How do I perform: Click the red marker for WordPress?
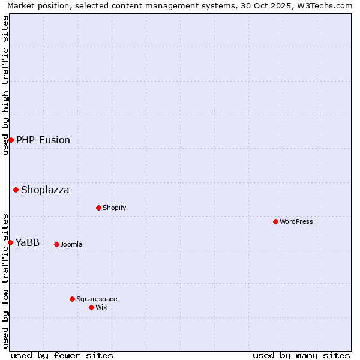click(x=275, y=221)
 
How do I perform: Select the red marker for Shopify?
click(x=98, y=208)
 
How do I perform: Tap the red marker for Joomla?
click(x=56, y=244)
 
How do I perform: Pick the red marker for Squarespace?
click(x=72, y=299)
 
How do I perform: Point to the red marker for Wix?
click(x=91, y=307)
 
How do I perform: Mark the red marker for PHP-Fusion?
click(x=11, y=140)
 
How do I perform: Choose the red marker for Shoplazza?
click(x=16, y=190)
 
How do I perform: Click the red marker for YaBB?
click(x=10, y=242)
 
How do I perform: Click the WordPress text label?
click(x=296, y=221)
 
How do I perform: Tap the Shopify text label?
click(x=114, y=208)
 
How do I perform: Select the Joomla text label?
click(x=71, y=244)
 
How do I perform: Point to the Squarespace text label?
click(x=97, y=299)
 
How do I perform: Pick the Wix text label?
click(x=101, y=307)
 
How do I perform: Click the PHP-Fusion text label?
click(x=43, y=140)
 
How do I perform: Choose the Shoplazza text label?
click(x=45, y=190)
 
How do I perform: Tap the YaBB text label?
click(x=28, y=242)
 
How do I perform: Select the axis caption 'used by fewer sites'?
click(x=62, y=355)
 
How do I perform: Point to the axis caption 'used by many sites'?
click(x=301, y=355)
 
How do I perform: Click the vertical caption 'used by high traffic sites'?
click(x=5, y=85)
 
